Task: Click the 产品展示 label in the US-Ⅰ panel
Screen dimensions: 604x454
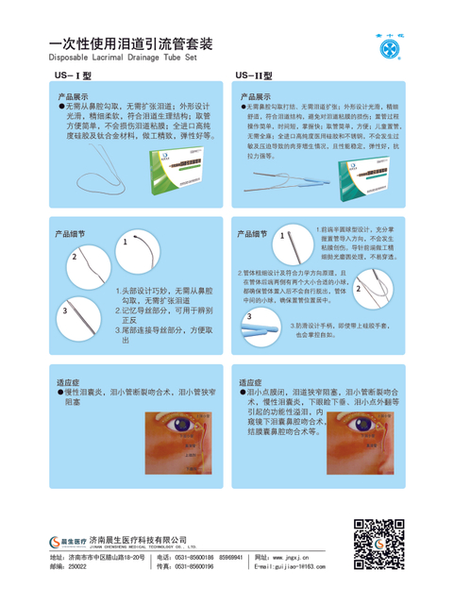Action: click(74, 97)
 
